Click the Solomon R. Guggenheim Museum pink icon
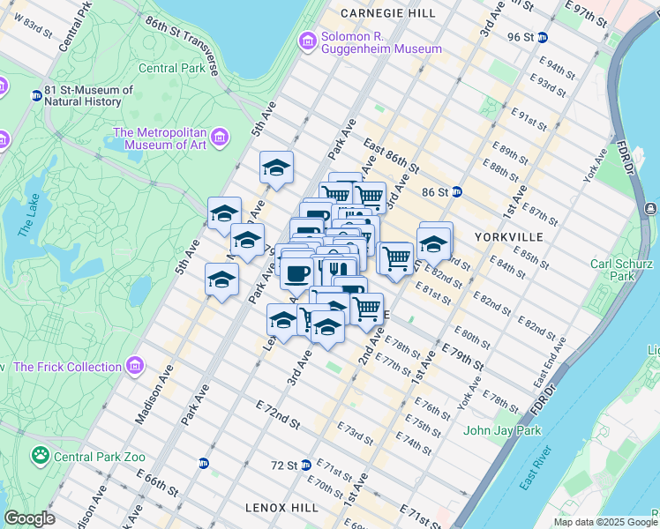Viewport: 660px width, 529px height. point(308,41)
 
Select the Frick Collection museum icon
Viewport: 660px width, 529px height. point(134,366)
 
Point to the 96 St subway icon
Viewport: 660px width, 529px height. point(543,37)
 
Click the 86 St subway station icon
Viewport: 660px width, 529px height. point(457,191)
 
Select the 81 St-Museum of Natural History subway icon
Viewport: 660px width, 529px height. point(36,95)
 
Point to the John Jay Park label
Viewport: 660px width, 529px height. point(500,431)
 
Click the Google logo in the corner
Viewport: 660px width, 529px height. point(30,518)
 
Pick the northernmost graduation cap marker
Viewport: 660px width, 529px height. point(276,168)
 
